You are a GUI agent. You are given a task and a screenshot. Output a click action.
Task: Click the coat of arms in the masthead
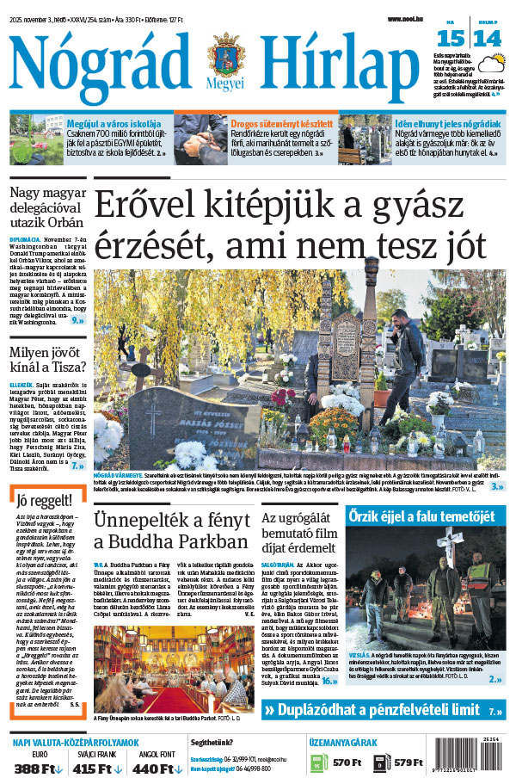(225, 58)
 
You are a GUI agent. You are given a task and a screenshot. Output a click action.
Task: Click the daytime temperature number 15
(450, 38)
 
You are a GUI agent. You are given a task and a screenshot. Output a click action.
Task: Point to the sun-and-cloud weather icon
(494, 64)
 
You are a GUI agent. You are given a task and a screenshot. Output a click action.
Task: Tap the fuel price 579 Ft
(408, 763)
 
